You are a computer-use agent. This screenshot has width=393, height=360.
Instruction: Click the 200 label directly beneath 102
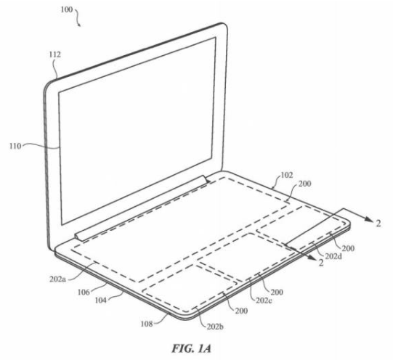point(304,184)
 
